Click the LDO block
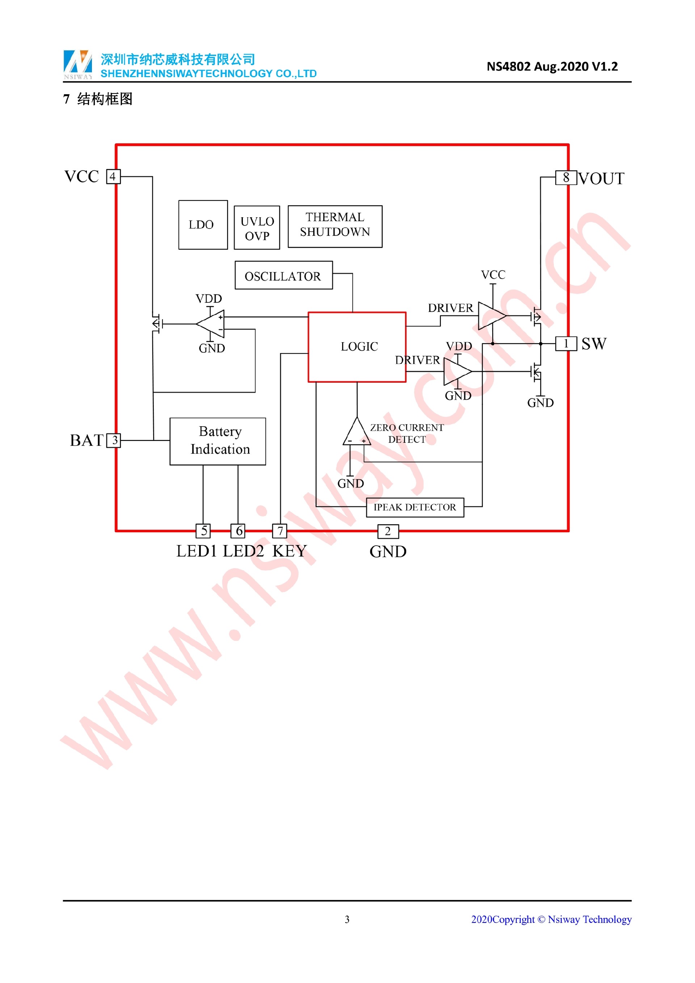tap(203, 225)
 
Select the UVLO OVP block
tap(257, 228)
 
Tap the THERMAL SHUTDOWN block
tap(335, 227)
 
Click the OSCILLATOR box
tap(283, 275)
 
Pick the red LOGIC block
tap(357, 347)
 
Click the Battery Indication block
tap(218, 441)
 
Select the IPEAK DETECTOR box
tap(415, 507)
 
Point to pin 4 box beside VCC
tap(113, 176)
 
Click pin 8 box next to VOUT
tap(566, 177)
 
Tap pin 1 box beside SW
tap(566, 343)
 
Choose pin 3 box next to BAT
tap(114, 440)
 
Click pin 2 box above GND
tap(388, 531)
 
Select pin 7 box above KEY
tap(280, 531)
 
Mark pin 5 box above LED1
tap(203, 531)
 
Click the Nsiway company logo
tap(77, 64)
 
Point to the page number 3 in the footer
tap(347, 919)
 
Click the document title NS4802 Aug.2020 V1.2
tap(552, 66)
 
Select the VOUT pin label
tap(601, 178)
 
